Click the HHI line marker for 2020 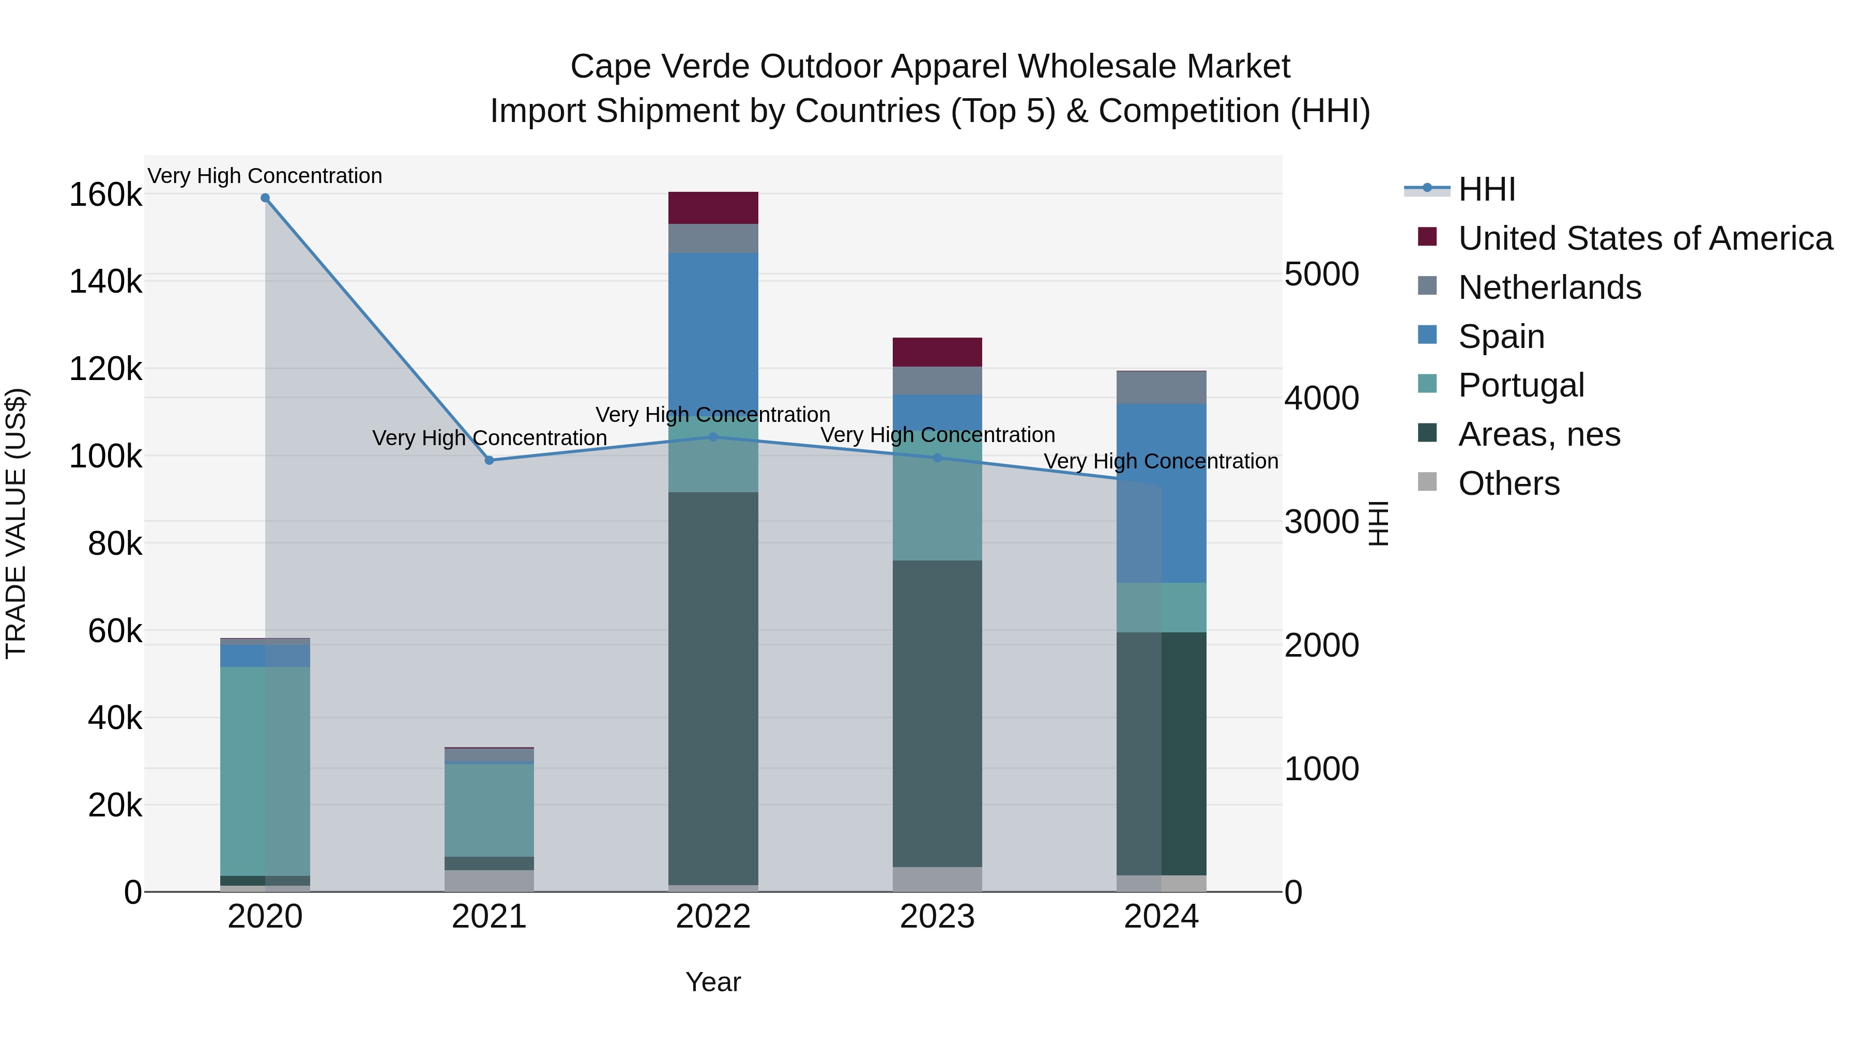265,198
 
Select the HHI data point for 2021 489,460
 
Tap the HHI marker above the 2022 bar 713,436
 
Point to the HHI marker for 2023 938,458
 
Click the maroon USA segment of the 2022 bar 713,208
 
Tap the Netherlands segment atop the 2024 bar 1162,388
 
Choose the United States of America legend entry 1644,238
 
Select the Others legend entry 1508,483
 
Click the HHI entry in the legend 1486,189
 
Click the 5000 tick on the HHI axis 1321,275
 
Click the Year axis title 713,982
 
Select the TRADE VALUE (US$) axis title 16,523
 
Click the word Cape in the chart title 610,67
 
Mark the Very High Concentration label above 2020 265,176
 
